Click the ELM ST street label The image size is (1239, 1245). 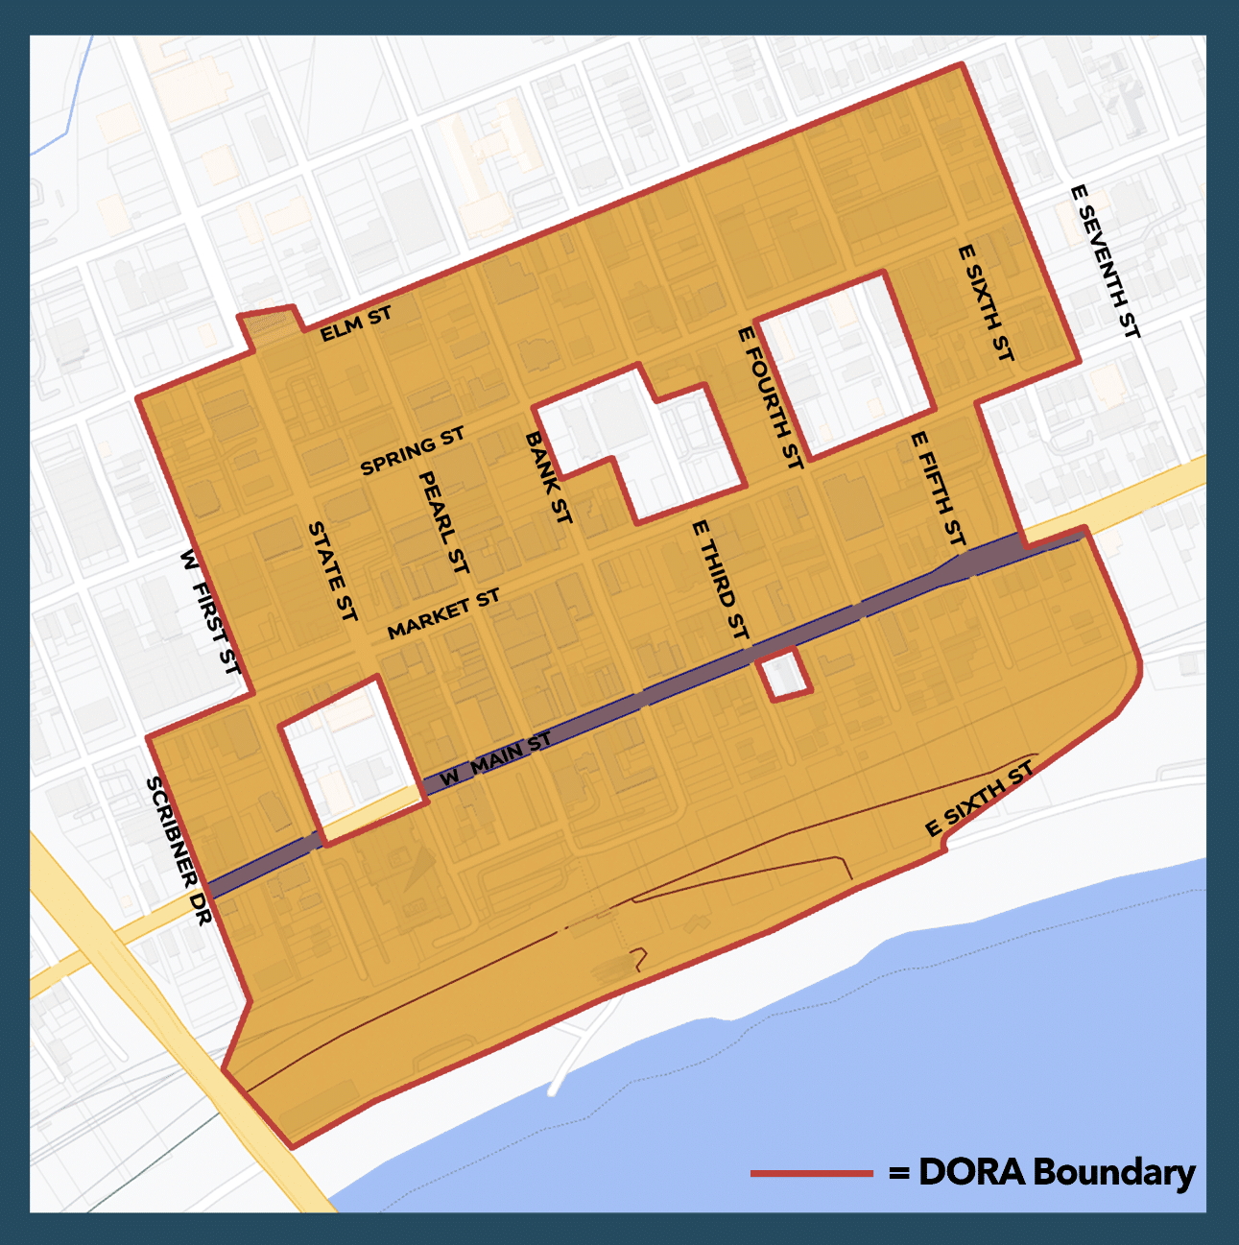[356, 324]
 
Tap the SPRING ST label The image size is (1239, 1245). [413, 452]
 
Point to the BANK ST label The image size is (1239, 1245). [549, 477]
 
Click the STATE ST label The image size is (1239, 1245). [332, 570]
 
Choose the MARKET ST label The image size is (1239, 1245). [443, 614]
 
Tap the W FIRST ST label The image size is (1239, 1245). [210, 611]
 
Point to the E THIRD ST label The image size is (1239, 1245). [720, 580]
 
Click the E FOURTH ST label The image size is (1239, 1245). [770, 397]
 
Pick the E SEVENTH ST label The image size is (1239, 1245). [1105, 261]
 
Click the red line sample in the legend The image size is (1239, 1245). [811, 1173]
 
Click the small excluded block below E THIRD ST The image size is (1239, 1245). [785, 675]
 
